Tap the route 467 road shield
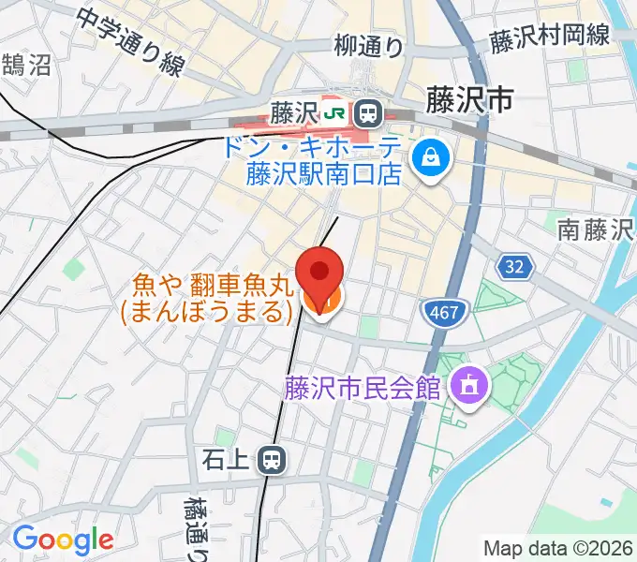[442, 312]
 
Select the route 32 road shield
[515, 268]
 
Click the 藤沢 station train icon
[368, 113]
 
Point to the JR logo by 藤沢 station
[334, 113]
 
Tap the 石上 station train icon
[273, 459]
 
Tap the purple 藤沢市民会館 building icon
[466, 387]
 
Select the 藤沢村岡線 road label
[549, 37]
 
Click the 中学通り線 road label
[130, 43]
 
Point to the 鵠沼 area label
[26, 65]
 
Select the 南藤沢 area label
[594, 229]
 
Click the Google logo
[63, 540]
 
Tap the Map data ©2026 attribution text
[558, 548]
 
